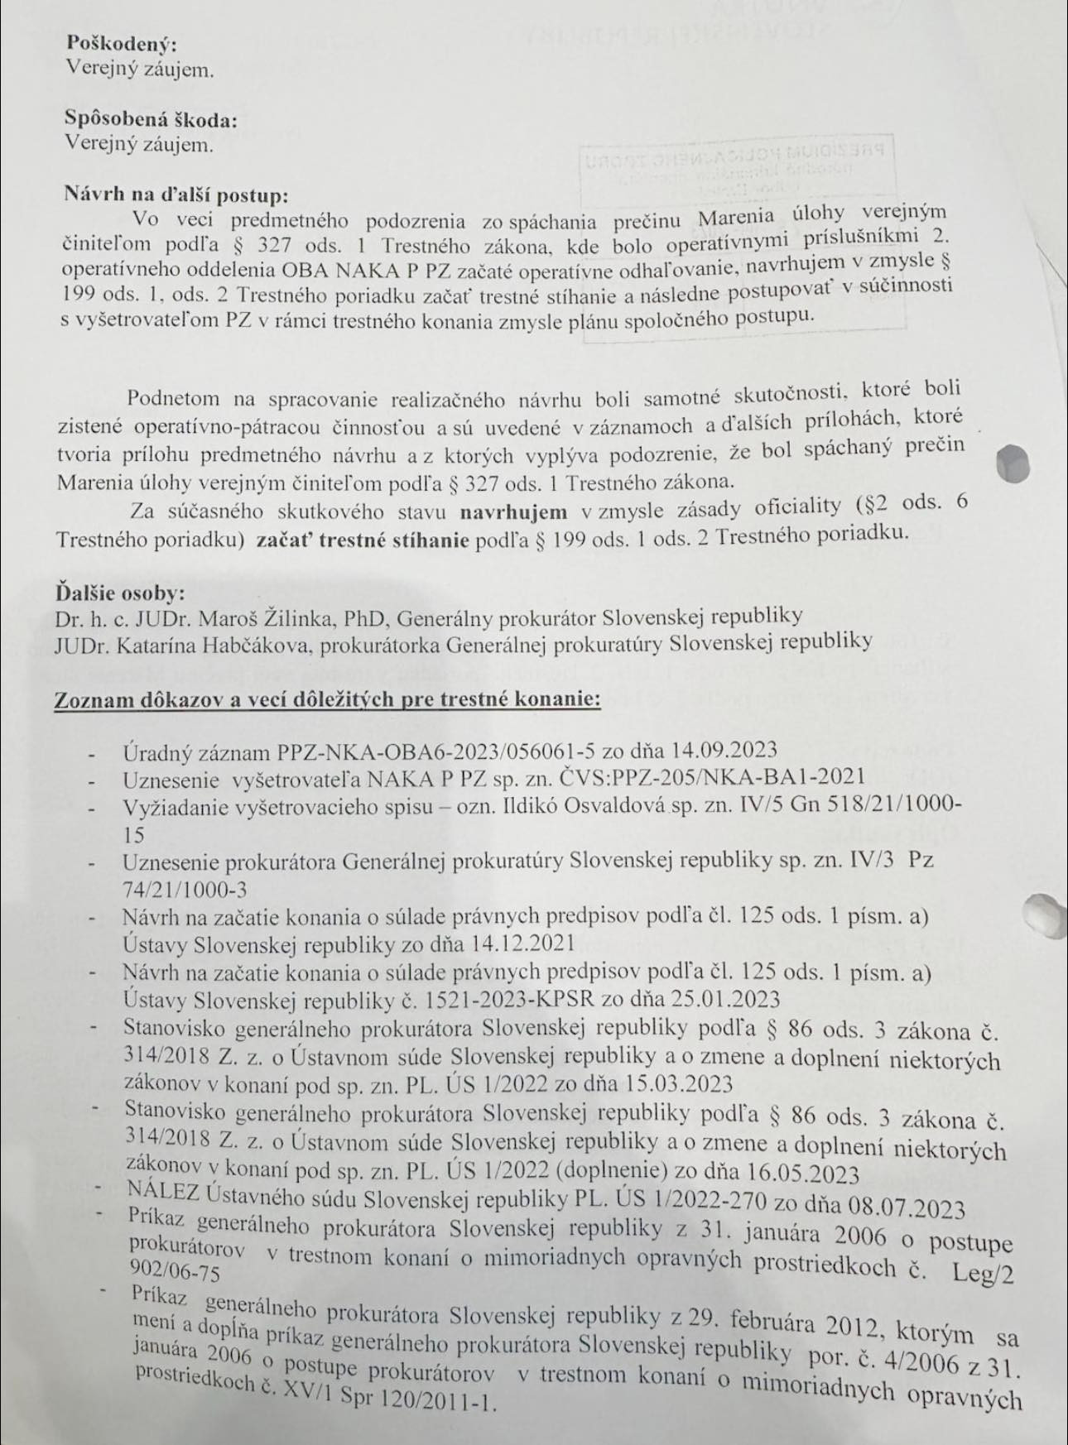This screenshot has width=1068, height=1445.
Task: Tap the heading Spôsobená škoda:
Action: pyautogui.click(x=152, y=119)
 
